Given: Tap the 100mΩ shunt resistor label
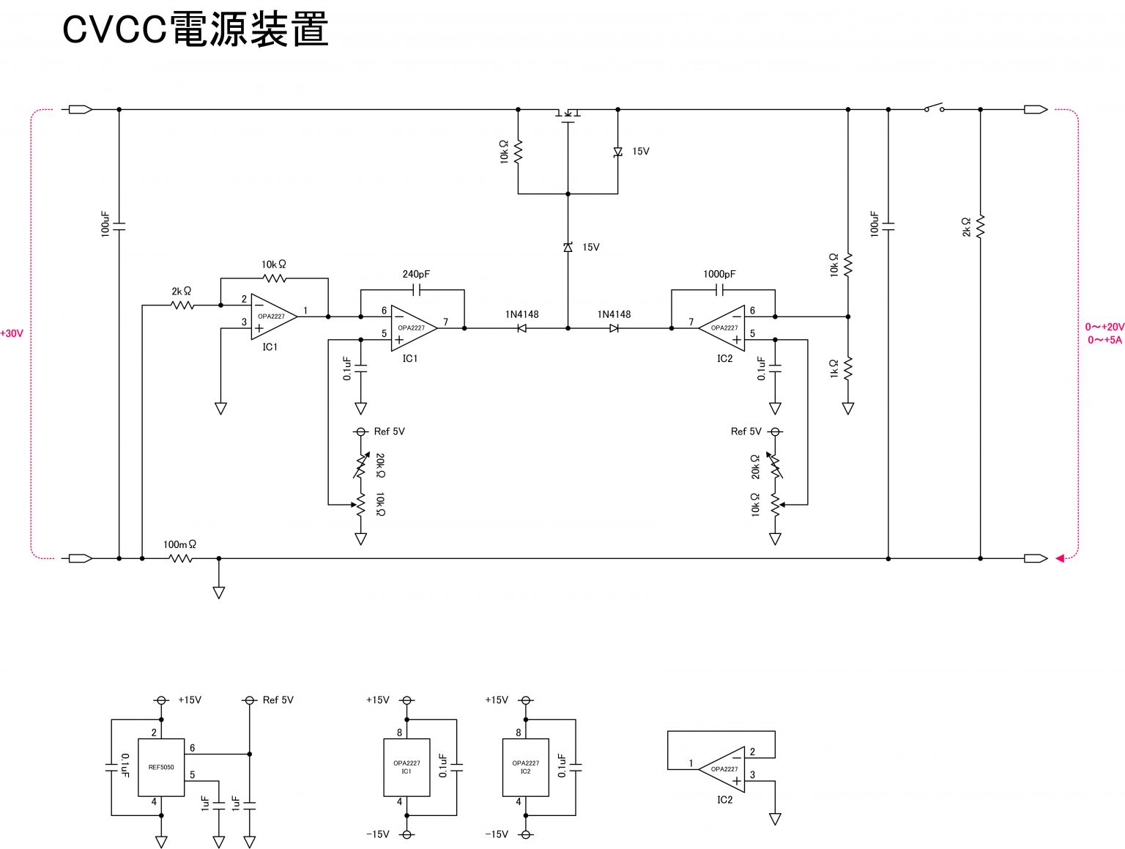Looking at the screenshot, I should (179, 544).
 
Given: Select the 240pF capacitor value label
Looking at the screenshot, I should (416, 274).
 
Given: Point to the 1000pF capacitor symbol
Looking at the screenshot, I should (719, 291).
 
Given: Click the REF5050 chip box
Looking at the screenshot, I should (161, 767).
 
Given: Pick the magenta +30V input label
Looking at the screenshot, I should (12, 333).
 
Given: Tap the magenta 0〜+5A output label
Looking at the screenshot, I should (1104, 340).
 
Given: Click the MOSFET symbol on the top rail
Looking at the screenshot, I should (568, 114).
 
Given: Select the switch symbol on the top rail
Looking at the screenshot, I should (934, 108).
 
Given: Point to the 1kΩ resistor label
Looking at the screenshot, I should (834, 368).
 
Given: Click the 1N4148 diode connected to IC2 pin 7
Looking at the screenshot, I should (614, 328).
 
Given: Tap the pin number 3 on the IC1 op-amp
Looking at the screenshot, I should (245, 322).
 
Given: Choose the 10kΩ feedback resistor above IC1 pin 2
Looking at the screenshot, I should (274, 278).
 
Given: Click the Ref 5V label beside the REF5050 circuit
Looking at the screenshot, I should (278, 700).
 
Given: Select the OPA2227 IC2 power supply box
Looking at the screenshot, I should (525, 767).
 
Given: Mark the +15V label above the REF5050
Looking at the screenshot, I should (190, 700).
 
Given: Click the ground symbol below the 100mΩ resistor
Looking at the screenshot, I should (218, 592).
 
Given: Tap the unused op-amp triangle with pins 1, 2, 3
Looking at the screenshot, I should (722, 769).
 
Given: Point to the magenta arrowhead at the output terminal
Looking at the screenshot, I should (1060, 558).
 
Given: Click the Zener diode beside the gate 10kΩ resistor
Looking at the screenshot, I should (617, 152).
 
